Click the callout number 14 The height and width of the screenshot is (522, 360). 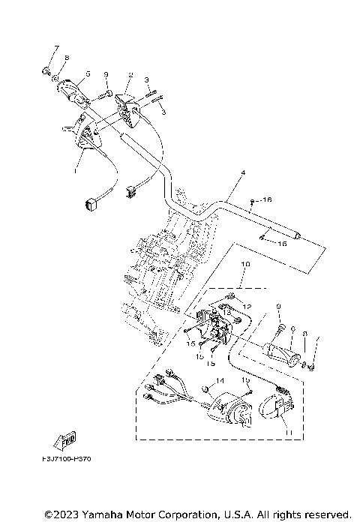pyautogui.click(x=220, y=381)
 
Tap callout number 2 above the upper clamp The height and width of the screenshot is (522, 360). pyautogui.click(x=130, y=75)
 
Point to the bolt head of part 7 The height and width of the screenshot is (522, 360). pyautogui.click(x=46, y=72)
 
